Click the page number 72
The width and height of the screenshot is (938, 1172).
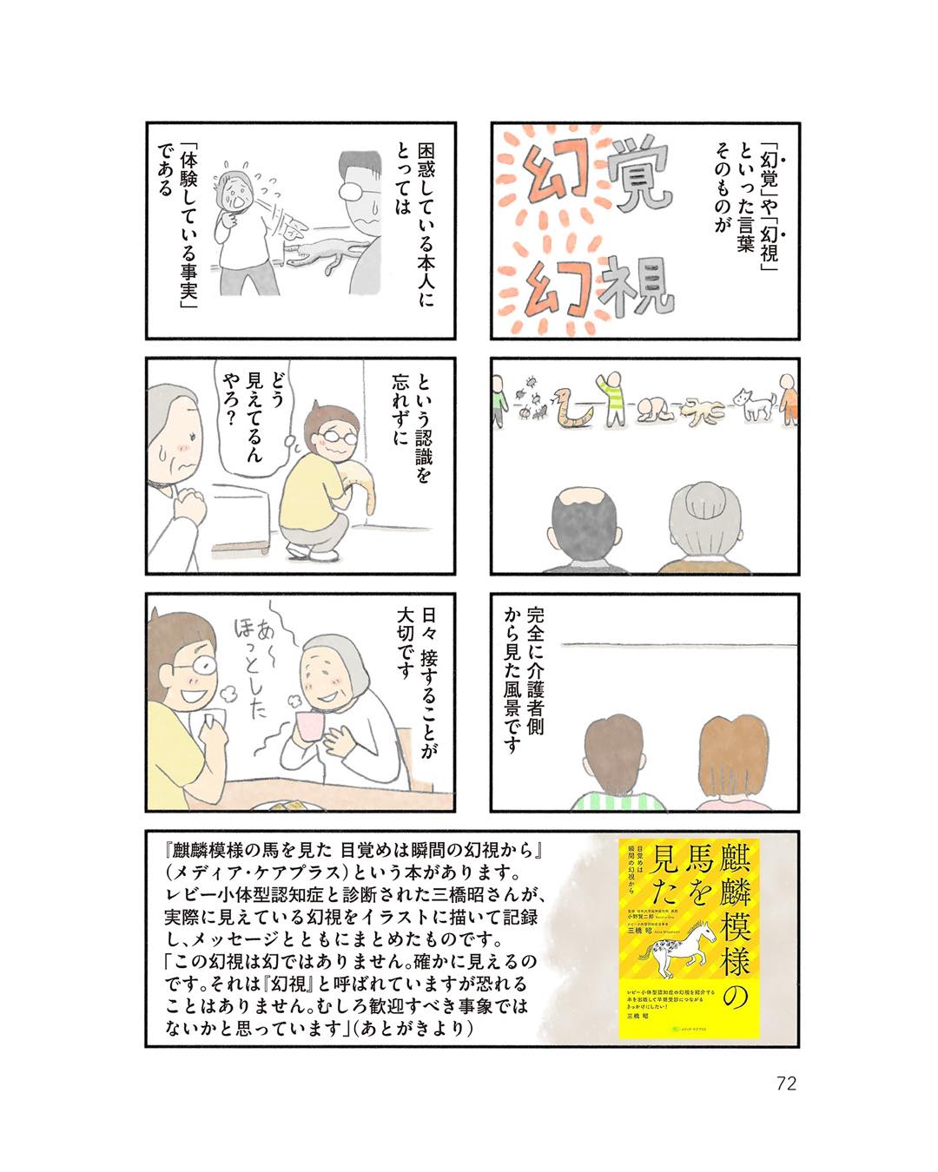[x=786, y=1083]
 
